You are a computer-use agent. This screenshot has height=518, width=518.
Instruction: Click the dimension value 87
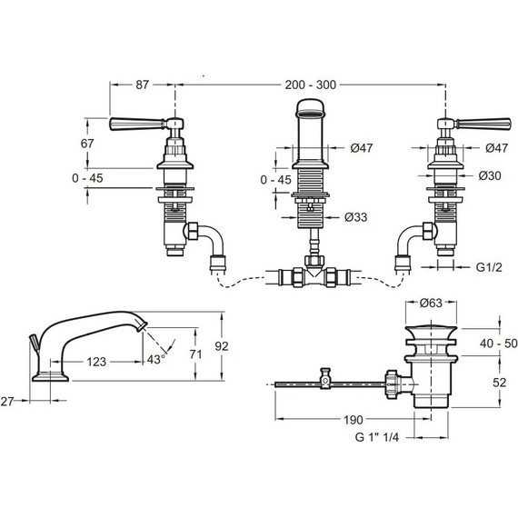[x=142, y=85]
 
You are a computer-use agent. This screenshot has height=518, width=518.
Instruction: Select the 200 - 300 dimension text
[x=310, y=85]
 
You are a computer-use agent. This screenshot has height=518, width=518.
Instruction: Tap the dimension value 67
[x=87, y=144]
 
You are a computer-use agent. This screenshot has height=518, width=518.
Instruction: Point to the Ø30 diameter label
[x=490, y=175]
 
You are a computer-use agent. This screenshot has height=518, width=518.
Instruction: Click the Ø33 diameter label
[x=355, y=217]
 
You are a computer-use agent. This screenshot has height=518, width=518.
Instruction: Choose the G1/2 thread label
[x=489, y=267]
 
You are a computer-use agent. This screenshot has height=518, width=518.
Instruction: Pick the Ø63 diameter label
[x=431, y=303]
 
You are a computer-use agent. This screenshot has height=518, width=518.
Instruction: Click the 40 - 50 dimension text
[x=499, y=344]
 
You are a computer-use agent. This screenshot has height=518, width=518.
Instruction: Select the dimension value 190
[x=354, y=420]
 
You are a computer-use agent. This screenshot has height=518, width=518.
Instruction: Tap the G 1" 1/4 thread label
[x=377, y=437]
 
